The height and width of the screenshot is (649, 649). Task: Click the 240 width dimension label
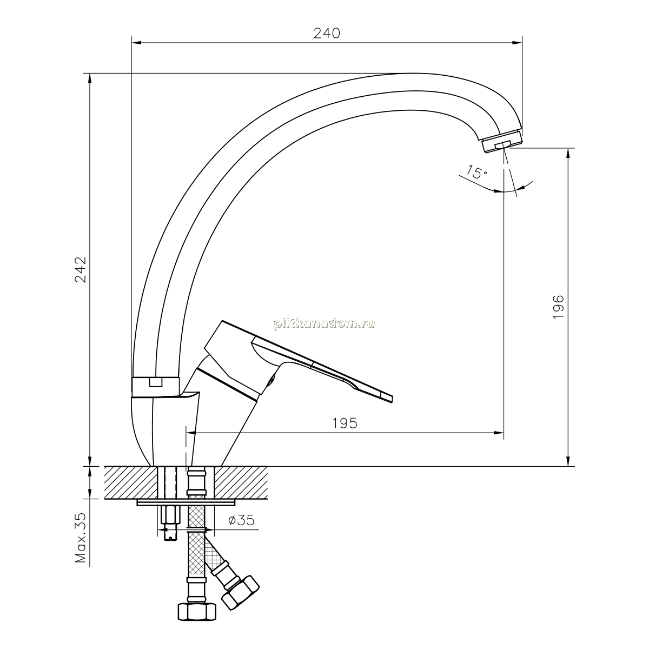[327, 34]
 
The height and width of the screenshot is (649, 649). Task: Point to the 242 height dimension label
[81, 269]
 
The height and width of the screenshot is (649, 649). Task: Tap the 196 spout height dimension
[558, 307]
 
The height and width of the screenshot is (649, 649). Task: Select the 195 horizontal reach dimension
[345, 423]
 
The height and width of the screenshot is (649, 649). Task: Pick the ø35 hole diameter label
[241, 520]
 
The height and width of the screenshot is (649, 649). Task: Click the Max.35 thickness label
[81, 538]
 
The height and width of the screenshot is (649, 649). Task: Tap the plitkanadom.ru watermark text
[325, 324]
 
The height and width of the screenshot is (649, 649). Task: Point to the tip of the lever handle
[392, 398]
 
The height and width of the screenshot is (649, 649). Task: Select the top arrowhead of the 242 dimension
[90, 78]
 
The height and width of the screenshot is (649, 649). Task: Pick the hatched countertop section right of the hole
[241, 482]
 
